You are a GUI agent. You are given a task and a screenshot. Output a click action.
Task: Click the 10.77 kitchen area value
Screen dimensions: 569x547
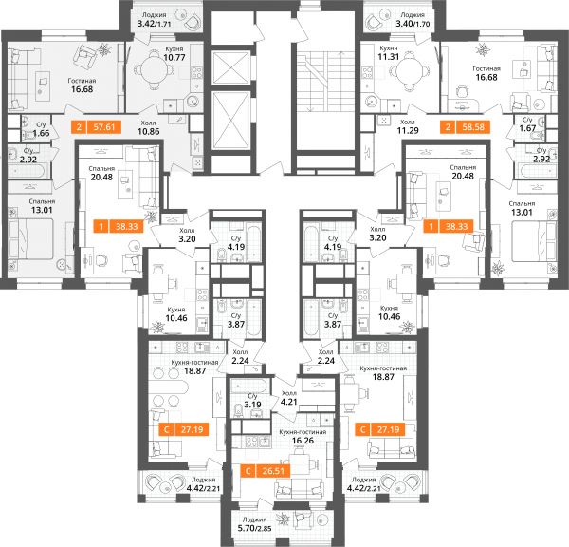click(x=174, y=57)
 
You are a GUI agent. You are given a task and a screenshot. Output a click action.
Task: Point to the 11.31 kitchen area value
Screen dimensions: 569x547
click(x=388, y=57)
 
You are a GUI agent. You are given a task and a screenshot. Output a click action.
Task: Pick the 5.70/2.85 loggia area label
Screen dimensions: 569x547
click(x=254, y=528)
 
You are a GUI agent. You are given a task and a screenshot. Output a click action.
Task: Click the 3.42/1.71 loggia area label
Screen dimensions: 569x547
click(x=154, y=25)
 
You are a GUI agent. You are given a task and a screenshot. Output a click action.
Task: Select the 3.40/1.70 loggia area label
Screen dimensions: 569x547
click(x=413, y=24)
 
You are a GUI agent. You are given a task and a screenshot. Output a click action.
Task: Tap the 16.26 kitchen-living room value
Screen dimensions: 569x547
click(x=303, y=441)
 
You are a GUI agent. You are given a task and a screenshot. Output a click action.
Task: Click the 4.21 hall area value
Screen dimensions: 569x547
click(x=289, y=402)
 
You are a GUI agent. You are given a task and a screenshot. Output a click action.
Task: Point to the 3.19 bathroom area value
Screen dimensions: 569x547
click(x=252, y=405)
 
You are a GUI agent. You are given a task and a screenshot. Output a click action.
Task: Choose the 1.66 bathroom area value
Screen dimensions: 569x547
click(x=41, y=133)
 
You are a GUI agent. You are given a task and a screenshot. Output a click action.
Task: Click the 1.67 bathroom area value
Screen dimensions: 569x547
click(x=527, y=128)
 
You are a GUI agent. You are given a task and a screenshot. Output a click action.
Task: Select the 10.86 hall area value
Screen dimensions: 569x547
click(x=149, y=131)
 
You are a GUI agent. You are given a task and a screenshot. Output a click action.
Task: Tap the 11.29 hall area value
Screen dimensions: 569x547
click(x=408, y=130)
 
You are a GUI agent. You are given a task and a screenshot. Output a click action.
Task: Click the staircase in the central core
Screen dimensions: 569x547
click(x=324, y=82)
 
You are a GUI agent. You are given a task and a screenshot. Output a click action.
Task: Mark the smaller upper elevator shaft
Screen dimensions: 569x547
click(x=230, y=68)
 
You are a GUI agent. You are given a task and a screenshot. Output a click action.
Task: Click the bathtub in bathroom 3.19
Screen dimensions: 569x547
click(x=248, y=386)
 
